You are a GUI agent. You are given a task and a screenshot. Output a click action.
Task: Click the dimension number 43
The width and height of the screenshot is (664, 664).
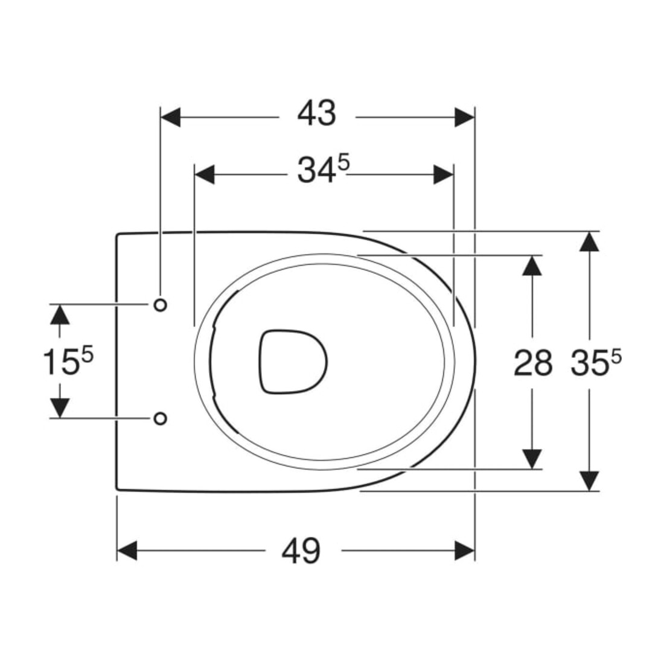(x=316, y=113)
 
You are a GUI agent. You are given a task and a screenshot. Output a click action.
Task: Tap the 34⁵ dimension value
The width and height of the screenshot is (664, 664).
(x=323, y=170)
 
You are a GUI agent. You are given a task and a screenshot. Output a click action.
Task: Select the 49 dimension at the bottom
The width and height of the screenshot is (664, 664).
(x=301, y=551)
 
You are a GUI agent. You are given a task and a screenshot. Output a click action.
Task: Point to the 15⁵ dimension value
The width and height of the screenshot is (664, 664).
(x=68, y=361)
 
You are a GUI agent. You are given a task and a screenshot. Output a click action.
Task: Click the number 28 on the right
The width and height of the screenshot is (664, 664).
(x=533, y=363)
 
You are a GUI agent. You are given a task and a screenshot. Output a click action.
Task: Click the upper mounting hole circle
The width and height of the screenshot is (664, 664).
(x=160, y=304)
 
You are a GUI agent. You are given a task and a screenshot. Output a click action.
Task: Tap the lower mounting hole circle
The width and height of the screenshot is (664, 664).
(x=160, y=418)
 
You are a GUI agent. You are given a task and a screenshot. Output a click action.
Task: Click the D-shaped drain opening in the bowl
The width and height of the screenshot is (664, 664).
(x=293, y=362)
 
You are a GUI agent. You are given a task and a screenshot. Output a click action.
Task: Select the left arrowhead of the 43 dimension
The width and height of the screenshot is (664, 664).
(x=171, y=117)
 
